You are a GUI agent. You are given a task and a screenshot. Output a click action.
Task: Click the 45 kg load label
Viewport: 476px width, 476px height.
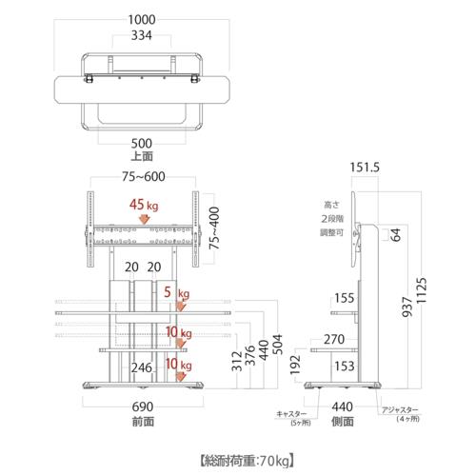(145, 204)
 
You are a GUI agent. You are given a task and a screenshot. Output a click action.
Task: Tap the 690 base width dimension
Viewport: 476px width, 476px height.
(144, 405)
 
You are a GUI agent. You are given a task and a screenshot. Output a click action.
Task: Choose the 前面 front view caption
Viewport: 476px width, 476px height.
(144, 419)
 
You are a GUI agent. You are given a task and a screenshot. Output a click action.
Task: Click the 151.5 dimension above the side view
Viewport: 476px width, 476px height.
(365, 168)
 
